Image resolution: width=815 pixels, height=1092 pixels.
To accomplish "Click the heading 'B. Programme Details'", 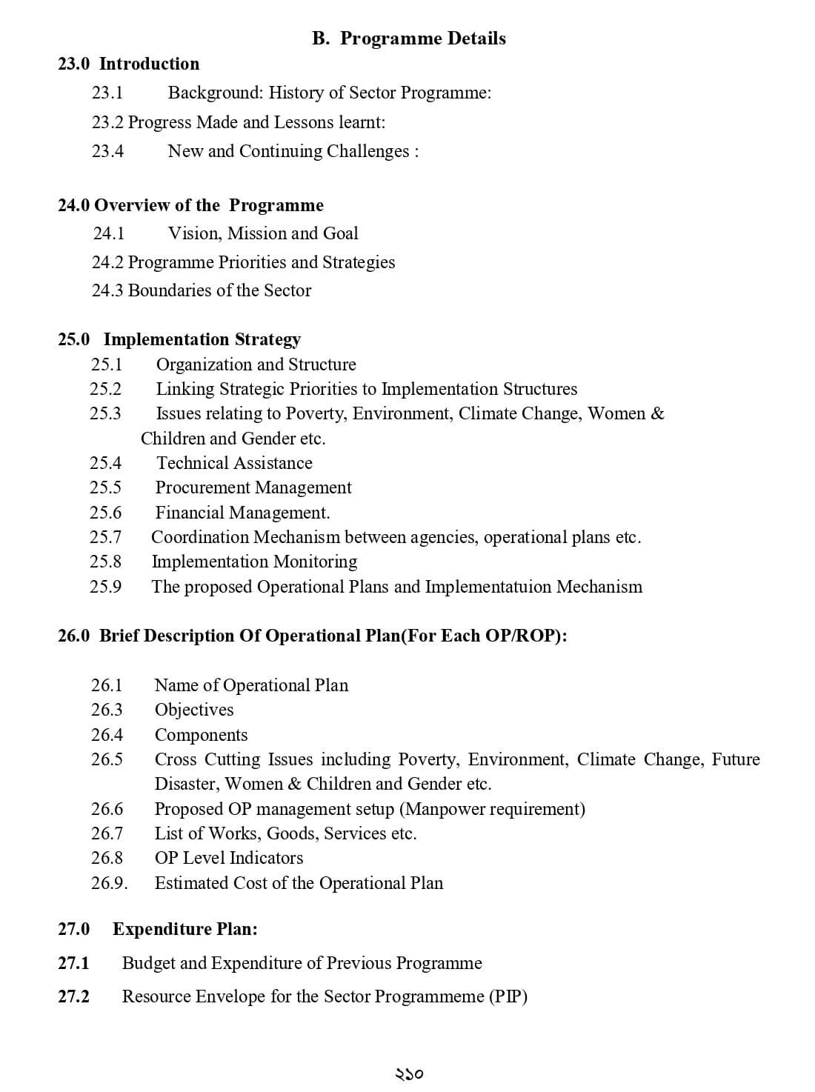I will click(x=409, y=39).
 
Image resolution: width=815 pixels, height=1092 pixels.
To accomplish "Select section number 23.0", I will click(x=74, y=64).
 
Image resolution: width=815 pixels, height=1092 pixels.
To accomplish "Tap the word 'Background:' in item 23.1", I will click(x=216, y=93).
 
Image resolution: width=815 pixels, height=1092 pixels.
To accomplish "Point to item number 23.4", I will click(x=108, y=151).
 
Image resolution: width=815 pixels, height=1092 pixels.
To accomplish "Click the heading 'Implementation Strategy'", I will click(x=202, y=339).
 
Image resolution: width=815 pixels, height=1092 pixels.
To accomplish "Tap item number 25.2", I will click(x=106, y=389).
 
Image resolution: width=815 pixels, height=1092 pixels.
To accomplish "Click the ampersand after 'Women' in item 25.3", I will click(x=657, y=413).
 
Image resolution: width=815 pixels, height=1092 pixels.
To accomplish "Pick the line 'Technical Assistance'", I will click(x=234, y=463).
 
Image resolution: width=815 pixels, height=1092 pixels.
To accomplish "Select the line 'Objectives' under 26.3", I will click(x=194, y=710).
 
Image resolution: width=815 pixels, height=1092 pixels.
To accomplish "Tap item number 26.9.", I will click(x=110, y=883).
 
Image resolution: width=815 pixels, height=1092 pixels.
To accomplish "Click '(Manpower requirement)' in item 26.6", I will click(x=495, y=809).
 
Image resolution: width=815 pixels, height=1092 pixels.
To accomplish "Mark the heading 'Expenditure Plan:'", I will click(x=185, y=929).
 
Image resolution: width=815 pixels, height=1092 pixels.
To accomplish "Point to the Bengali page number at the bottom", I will click(x=408, y=1073).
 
